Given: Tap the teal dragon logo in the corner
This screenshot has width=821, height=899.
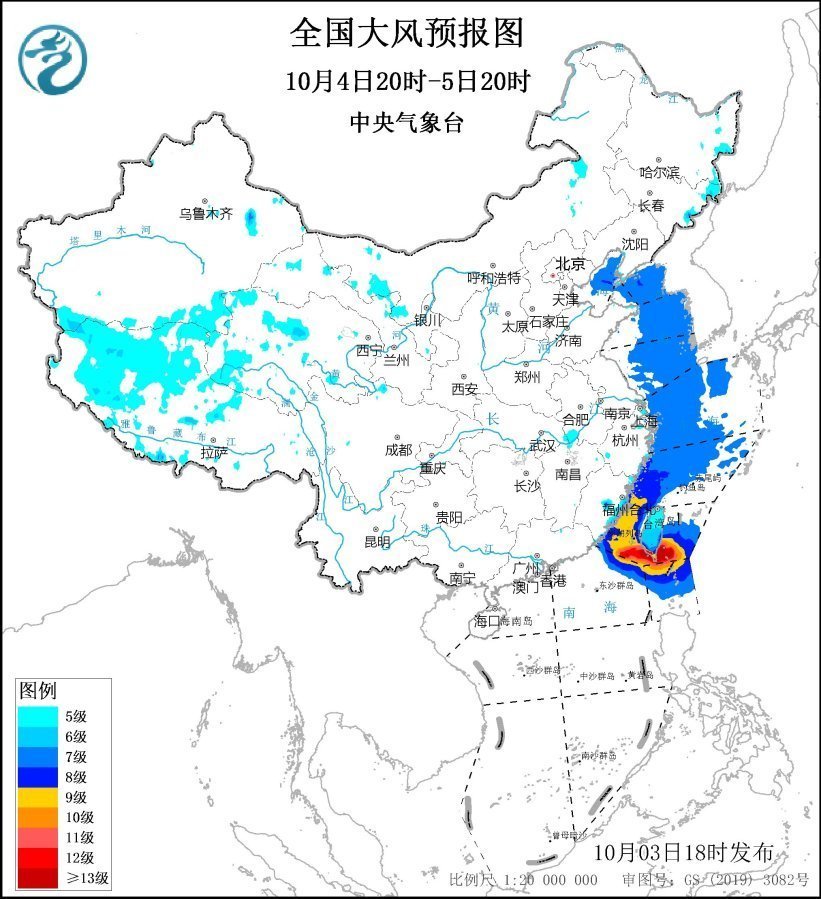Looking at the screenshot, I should [x=52, y=60].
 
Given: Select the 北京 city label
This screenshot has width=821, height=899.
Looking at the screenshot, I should [x=570, y=264].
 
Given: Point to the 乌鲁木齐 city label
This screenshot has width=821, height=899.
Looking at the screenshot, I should [x=205, y=213].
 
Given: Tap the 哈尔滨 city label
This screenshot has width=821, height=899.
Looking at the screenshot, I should [x=659, y=172].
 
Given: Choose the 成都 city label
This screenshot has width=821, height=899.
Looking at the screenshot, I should [x=399, y=450].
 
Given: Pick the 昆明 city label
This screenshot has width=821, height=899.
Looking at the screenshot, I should [x=377, y=542].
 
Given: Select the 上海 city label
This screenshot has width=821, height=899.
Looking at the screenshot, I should [x=645, y=420].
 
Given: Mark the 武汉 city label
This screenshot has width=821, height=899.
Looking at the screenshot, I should [x=541, y=445].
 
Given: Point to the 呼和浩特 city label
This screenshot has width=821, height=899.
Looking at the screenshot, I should [x=495, y=277].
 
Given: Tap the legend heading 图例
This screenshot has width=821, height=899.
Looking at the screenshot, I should [x=38, y=690].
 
